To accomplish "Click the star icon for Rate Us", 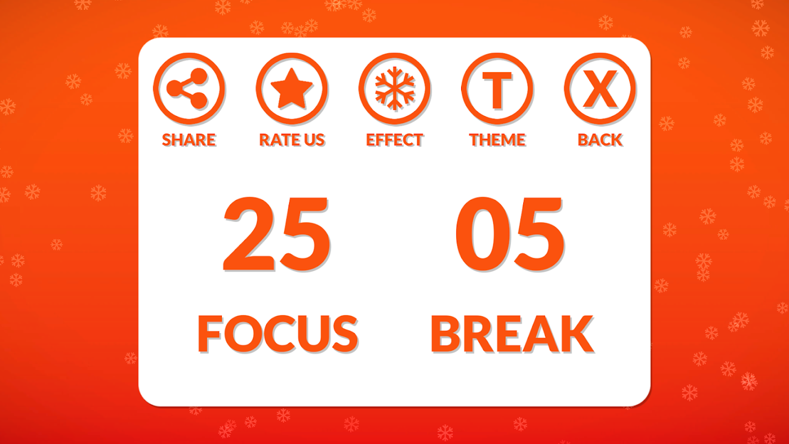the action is (292, 88).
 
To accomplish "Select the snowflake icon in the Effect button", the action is (394, 88).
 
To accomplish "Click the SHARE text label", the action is (189, 140).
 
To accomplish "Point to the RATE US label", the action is (292, 140).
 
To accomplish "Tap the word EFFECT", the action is (394, 140).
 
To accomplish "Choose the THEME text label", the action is (497, 140).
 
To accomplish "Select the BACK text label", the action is (600, 140).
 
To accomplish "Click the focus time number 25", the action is (277, 234).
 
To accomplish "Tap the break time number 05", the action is (510, 234).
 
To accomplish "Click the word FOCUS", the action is (278, 334).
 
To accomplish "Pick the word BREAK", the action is (513, 334).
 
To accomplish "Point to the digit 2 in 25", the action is (249, 234).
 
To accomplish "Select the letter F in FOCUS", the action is (210, 334).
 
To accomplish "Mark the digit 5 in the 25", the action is (304, 235).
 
